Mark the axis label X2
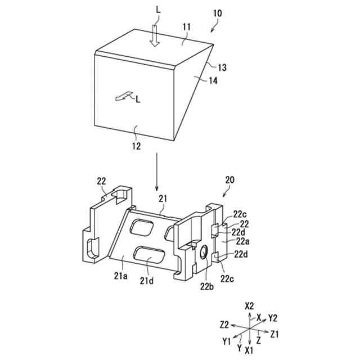point(250,307)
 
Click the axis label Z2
point(224,325)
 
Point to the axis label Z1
point(275,334)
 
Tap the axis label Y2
point(273,318)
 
